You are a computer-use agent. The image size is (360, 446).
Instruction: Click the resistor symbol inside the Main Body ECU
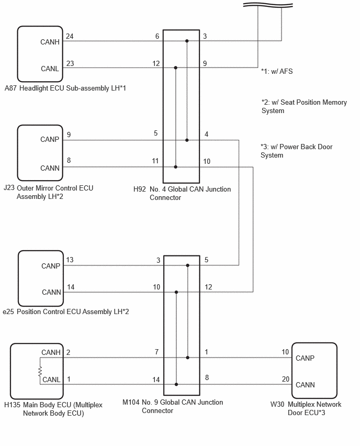[40, 372]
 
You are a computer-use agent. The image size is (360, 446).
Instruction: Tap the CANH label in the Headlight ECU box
[50, 42]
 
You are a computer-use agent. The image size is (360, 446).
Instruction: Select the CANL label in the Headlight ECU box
[50, 69]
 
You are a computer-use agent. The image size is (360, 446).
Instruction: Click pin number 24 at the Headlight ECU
[70, 36]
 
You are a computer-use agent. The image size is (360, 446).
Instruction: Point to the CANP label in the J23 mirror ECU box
[50, 139]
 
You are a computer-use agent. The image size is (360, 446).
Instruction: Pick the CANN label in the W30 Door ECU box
[305, 385]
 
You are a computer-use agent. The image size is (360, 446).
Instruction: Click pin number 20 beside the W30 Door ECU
[286, 379]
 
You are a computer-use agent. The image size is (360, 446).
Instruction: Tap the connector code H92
[140, 189]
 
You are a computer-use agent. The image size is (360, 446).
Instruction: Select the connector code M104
[131, 402]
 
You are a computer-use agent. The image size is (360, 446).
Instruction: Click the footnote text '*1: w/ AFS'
[277, 71]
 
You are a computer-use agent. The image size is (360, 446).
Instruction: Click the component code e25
[8, 312]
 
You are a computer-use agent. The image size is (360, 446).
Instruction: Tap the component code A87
[10, 88]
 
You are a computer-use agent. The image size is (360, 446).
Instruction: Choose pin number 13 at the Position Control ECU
[70, 260]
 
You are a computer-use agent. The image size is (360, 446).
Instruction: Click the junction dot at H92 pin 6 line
[187, 41]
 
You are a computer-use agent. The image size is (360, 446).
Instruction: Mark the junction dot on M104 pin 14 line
[176, 384]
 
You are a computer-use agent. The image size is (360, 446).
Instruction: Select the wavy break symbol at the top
[268, 5]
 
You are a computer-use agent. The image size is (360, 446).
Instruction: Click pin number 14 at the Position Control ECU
[71, 287]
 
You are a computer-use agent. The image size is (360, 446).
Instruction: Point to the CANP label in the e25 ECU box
[51, 266]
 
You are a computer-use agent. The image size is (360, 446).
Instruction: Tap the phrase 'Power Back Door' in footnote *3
[306, 147]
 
